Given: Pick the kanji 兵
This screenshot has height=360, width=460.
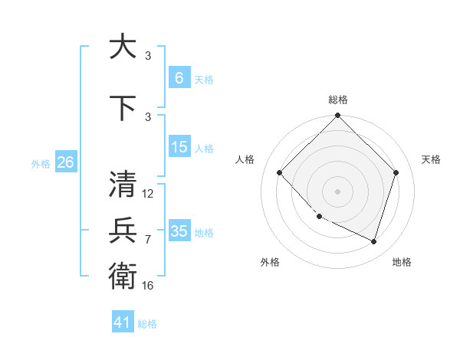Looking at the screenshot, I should click(x=123, y=231).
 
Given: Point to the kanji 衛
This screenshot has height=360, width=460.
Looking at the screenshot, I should click(x=123, y=275).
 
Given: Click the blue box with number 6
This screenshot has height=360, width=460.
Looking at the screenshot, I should click(x=179, y=78).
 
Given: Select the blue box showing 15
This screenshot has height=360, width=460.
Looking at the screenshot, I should click(x=179, y=147).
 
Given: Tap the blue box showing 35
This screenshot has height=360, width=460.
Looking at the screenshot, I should click(x=179, y=231).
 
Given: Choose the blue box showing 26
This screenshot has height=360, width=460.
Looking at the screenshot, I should click(x=65, y=162).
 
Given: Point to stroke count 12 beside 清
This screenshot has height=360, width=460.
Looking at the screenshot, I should click(x=148, y=194).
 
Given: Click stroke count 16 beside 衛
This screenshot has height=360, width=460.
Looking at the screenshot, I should click(x=148, y=285).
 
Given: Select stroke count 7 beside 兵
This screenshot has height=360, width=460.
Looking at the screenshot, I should click(x=148, y=240).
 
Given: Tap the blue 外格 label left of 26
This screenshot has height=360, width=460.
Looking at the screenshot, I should click(x=41, y=163).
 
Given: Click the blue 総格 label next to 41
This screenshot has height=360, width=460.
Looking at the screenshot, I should click(x=147, y=324).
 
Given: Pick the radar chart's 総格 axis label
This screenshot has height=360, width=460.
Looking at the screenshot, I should click(x=337, y=100).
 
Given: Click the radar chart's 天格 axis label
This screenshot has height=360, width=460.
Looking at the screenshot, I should click(x=431, y=159).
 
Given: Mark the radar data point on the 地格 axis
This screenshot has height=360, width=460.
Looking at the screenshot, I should click(x=373, y=241).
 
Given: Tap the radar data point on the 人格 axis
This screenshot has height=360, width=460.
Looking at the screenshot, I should click(x=279, y=172).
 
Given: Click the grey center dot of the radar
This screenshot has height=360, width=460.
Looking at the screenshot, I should click(x=337, y=191).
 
